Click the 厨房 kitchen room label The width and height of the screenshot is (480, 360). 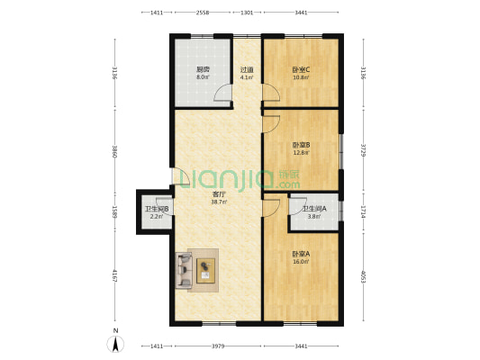click(x=204, y=69)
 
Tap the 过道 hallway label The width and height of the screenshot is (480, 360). click(x=246, y=69)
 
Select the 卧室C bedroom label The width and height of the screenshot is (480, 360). click(x=301, y=69)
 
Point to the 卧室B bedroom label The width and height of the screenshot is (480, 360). click(x=301, y=145)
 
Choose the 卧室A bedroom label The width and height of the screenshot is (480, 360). click(x=301, y=254)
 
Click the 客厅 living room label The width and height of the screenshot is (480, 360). click(x=218, y=194)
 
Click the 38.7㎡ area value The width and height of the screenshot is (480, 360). click(x=218, y=202)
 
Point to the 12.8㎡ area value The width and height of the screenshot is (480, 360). click(x=301, y=152)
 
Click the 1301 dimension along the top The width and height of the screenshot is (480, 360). click(x=247, y=13)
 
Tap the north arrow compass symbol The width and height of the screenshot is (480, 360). click(x=115, y=342)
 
